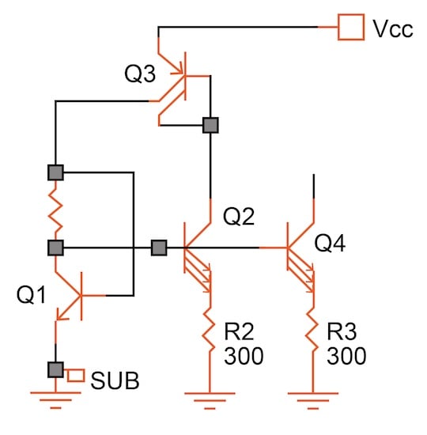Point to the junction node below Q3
pyautogui.click(x=210, y=124)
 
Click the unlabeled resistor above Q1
pyautogui.click(x=55, y=210)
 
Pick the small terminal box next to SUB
pyautogui.click(x=76, y=374)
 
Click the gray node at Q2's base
pyautogui.click(x=159, y=248)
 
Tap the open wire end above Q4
pyautogui.click(x=314, y=176)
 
